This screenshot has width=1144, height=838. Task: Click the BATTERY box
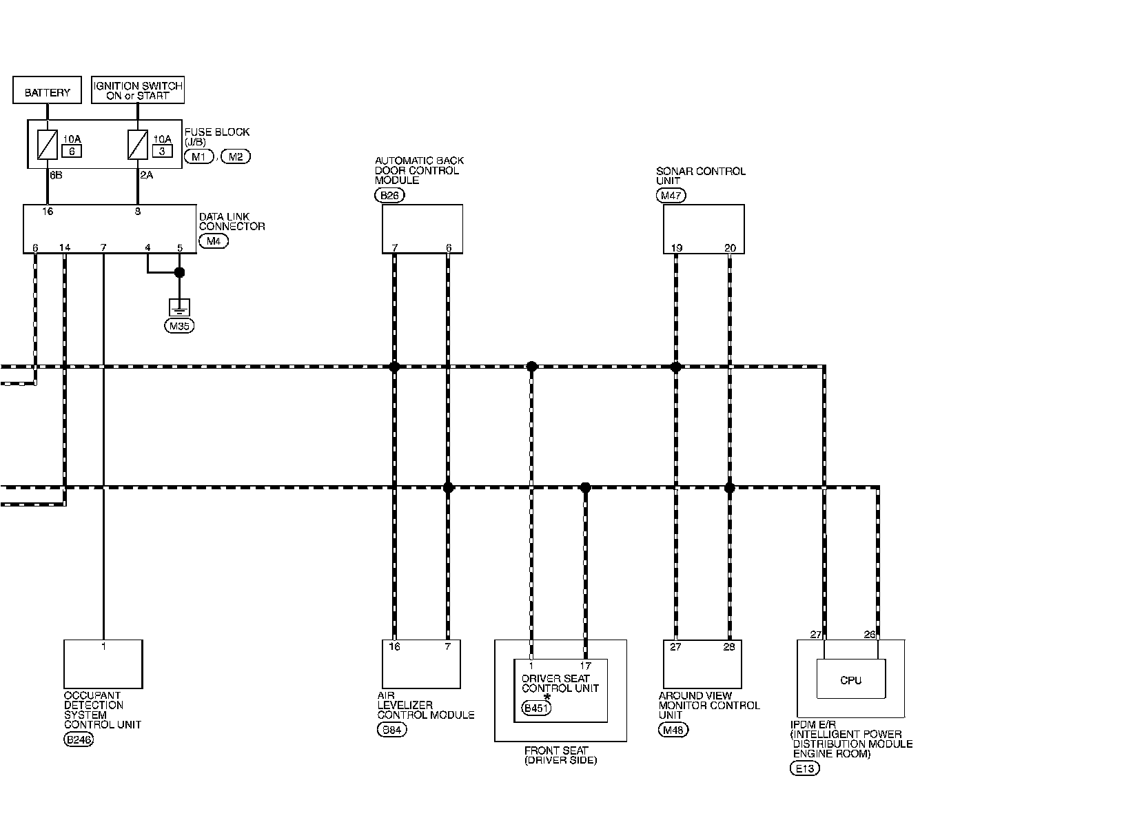(47, 92)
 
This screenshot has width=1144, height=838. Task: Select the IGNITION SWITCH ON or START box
(138, 90)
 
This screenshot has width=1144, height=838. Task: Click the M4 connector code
(213, 241)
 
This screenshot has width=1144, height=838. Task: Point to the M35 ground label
(179, 326)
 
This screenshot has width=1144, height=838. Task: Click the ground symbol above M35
(179, 307)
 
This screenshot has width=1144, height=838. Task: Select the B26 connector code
(389, 195)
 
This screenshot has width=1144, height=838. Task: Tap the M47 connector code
(671, 196)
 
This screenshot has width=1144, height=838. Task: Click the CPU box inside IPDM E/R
(850, 679)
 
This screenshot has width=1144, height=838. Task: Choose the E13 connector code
(804, 768)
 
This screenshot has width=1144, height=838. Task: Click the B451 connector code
(537, 708)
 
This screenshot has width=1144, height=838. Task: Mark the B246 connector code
(79, 740)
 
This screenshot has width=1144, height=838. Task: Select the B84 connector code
(391, 730)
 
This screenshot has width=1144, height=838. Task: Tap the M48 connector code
(673, 730)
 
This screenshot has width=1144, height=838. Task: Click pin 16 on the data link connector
(47, 212)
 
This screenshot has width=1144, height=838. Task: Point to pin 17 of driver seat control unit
(585, 666)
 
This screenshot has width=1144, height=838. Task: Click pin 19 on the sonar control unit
(675, 247)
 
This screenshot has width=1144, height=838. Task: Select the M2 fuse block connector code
(236, 156)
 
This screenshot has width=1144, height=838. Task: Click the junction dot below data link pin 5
(179, 272)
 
